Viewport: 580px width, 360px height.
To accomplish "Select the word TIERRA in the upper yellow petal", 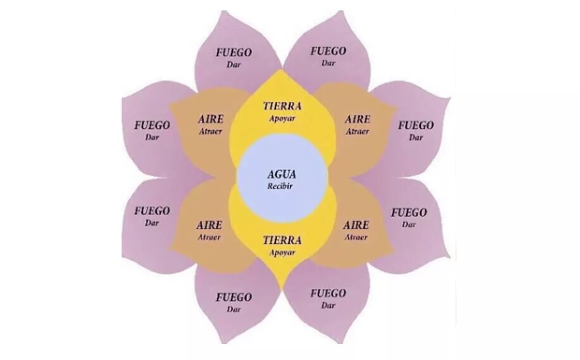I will point(282,106).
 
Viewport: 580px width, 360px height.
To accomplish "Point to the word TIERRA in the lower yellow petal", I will point(282,240).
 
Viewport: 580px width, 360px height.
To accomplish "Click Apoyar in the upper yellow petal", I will point(282,117).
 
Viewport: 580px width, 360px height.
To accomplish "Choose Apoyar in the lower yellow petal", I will point(282,252).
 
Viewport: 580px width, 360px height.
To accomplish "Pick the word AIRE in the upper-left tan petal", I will point(210,119).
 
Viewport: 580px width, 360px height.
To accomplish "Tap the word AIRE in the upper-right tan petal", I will point(358,119).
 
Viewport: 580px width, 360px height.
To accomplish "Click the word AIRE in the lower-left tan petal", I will point(209,226).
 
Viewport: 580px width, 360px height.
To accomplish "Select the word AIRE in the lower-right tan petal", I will point(356,226).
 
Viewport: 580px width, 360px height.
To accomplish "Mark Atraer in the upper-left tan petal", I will point(210,131).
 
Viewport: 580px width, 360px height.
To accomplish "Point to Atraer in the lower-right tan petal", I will point(356,237).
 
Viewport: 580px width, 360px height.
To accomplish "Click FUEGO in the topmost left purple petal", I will point(233,53).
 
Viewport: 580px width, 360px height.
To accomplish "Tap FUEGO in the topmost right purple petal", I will point(328,51).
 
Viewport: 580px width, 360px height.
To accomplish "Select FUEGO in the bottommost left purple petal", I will point(233,297).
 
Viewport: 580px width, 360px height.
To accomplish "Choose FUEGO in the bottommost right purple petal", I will point(328,293).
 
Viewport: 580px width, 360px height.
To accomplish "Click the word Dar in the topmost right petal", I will point(328,63).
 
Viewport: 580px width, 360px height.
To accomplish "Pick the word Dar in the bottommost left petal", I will point(233,309).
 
